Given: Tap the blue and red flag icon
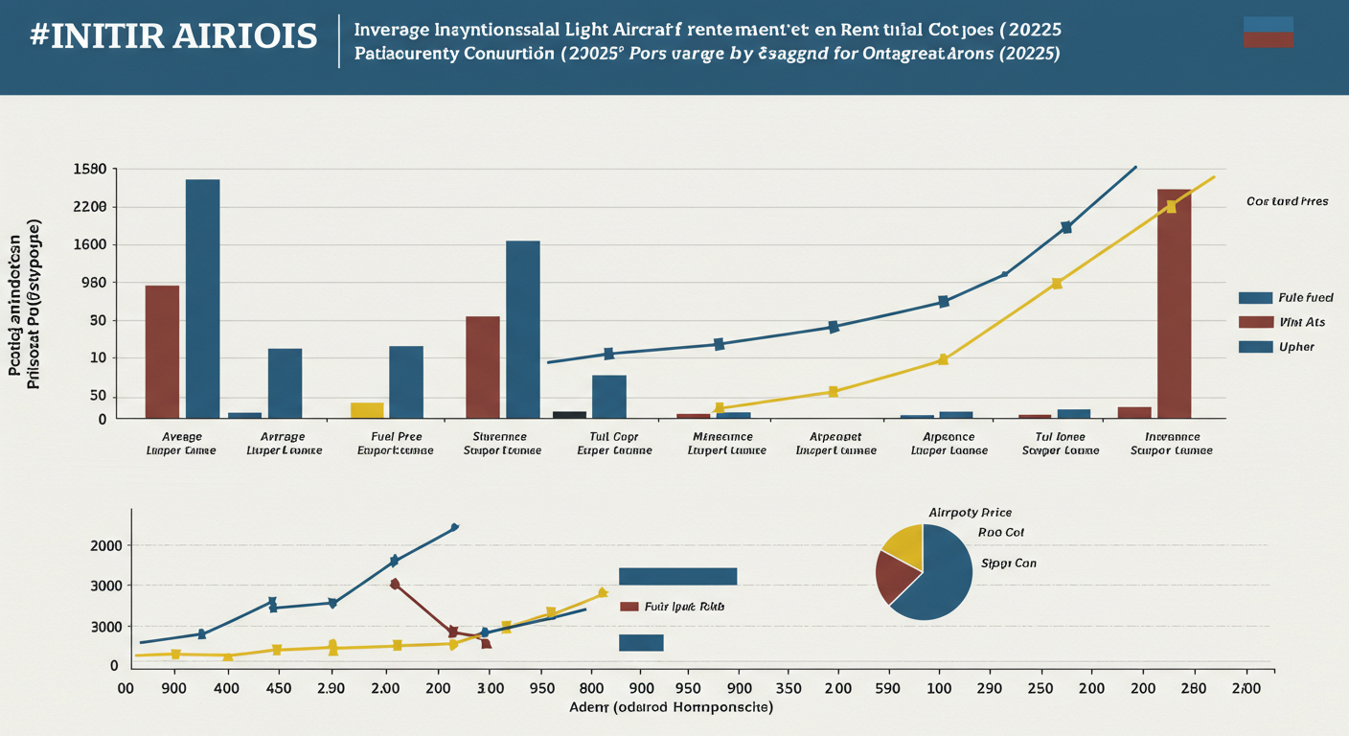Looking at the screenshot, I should pyautogui.click(x=1268, y=32).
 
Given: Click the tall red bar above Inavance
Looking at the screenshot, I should pyautogui.click(x=1174, y=303).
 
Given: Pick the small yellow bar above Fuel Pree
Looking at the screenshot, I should pyautogui.click(x=367, y=410).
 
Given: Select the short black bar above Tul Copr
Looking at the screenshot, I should pyautogui.click(x=569, y=414).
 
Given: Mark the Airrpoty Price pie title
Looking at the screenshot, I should pyautogui.click(x=970, y=513).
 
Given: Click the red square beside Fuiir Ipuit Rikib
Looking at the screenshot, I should pyautogui.click(x=629, y=606).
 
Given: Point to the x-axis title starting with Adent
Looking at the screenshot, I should pyautogui.click(x=670, y=707).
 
